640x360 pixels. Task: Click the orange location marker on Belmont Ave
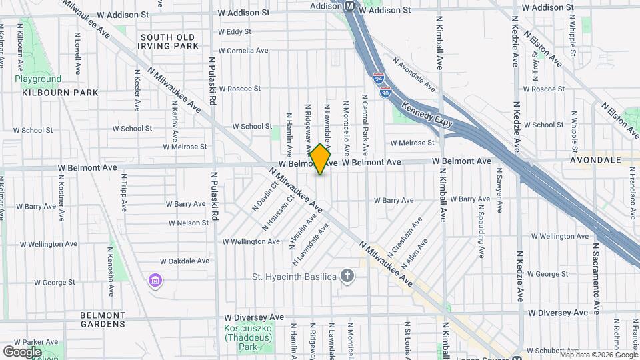coord(321,159)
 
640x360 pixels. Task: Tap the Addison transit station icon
coord(349,5)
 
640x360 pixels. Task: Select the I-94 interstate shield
coord(379,79)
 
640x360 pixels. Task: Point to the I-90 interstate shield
coord(385,93)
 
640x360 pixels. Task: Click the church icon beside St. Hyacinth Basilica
coord(347,275)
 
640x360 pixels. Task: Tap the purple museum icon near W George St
coord(155,281)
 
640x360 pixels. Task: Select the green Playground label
coord(38,79)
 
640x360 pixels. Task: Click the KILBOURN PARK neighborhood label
coord(59,93)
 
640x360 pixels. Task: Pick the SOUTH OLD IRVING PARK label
coord(168,41)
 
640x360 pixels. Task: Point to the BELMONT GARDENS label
coord(102,319)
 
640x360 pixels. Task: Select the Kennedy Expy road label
coord(427,114)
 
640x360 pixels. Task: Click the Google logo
coord(22,352)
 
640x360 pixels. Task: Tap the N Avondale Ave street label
coord(413,73)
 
